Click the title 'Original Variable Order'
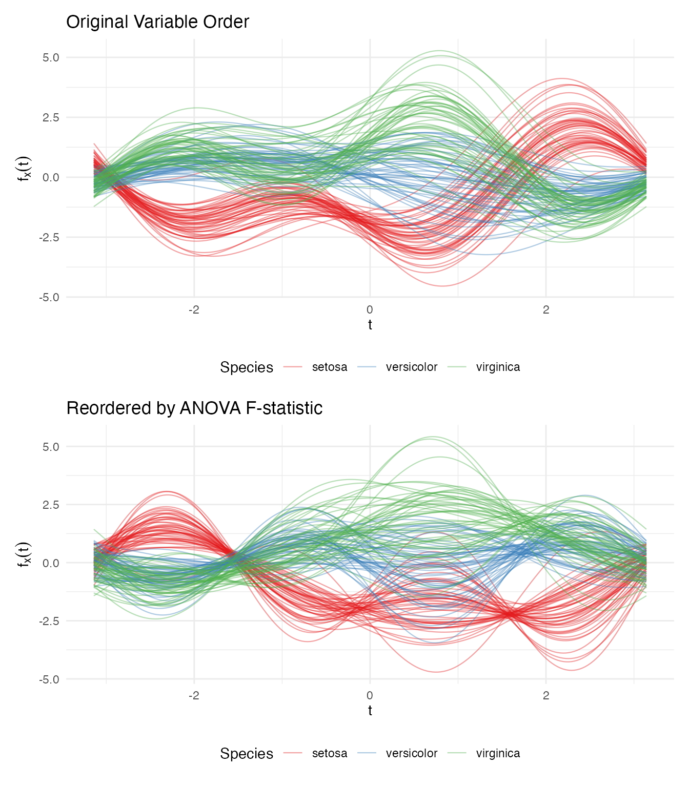point(157,22)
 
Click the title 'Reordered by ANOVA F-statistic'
point(194,408)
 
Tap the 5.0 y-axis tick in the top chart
point(51,57)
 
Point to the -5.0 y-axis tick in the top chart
point(49,297)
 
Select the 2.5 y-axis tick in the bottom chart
point(51,505)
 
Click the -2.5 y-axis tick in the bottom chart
point(49,621)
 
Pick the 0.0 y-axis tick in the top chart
point(51,177)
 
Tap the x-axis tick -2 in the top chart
point(194,309)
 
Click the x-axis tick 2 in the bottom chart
point(546,696)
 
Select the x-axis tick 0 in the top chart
point(370,309)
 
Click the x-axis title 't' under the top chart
point(370,325)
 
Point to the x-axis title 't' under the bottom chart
point(370,711)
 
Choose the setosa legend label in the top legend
point(329,367)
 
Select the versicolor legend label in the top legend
point(411,367)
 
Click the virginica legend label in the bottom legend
point(498,754)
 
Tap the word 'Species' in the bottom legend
point(247,754)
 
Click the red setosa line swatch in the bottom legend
point(293,753)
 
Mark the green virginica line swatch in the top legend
point(457,367)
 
